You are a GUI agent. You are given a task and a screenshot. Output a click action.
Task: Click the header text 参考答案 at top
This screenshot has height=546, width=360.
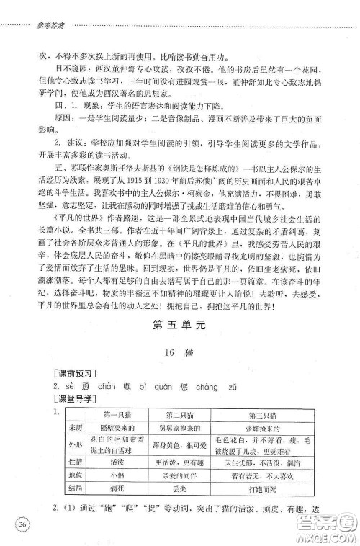click(30, 24)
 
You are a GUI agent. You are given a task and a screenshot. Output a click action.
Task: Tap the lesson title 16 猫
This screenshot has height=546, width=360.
click(179, 352)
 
